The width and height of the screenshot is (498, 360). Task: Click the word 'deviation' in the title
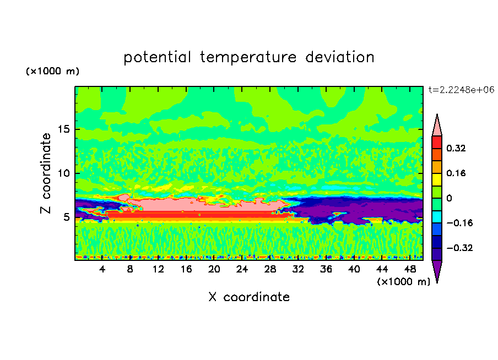point(340,57)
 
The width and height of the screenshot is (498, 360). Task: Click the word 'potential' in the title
point(158,58)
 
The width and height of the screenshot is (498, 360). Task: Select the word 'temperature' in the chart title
point(248,58)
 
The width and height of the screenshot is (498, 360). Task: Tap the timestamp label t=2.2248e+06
point(461,90)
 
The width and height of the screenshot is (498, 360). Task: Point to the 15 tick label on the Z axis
point(64,129)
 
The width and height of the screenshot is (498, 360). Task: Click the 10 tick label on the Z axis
point(64,173)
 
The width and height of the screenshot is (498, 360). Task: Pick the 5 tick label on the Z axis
point(66,217)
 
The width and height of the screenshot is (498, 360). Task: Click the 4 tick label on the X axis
point(102,269)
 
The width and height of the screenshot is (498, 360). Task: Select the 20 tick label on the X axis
point(214,269)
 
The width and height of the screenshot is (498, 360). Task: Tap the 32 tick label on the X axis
point(298,269)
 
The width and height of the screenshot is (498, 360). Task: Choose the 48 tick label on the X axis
point(410,269)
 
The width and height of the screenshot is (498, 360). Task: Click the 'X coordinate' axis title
point(249,297)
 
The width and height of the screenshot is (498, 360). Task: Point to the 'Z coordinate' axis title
point(46,173)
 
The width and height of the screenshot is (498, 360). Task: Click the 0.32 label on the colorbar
point(456,148)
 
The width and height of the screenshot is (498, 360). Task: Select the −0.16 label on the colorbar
point(459,223)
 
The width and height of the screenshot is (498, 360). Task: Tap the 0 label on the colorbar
point(449,198)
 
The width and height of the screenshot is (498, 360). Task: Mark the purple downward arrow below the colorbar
point(437,271)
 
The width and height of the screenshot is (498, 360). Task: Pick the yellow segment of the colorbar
point(437,179)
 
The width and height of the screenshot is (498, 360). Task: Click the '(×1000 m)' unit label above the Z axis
point(52,71)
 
